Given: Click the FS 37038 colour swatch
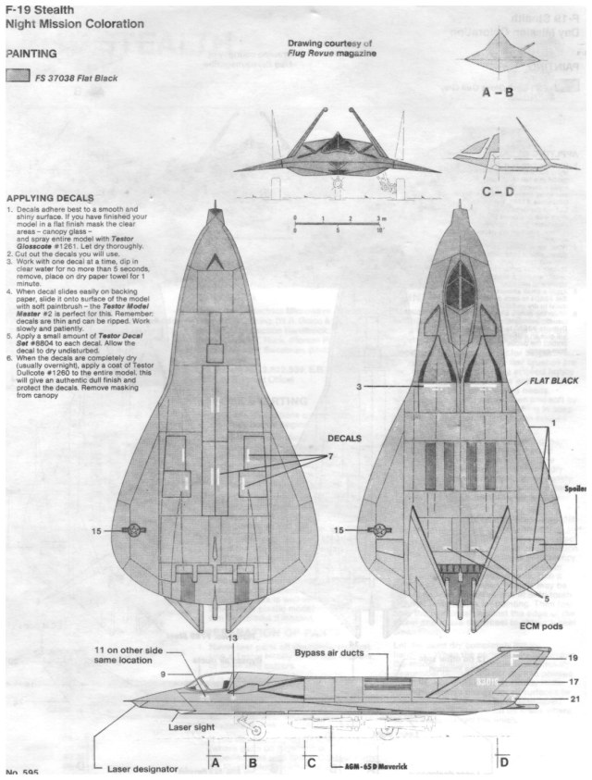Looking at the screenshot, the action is tap(17, 78).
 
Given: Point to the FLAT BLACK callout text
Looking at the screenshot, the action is tap(553, 380).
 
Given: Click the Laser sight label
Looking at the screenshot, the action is tap(191, 727).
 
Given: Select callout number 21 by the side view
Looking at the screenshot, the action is tap(573, 699).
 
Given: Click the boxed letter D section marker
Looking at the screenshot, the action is tap(504, 763).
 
